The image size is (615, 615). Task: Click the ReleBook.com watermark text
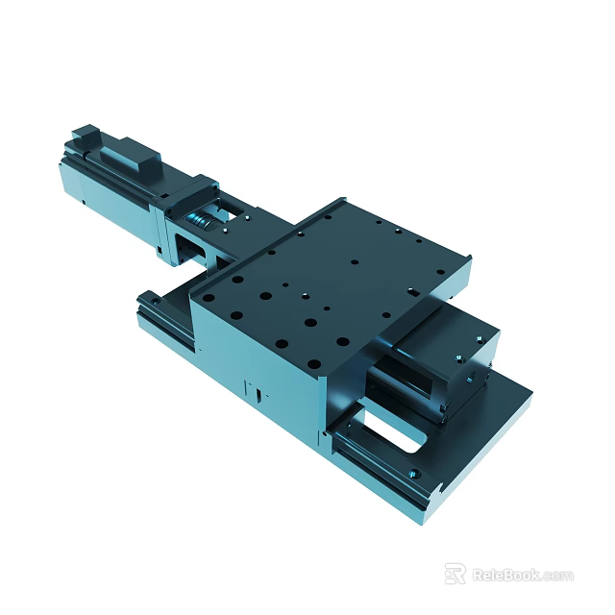[x=523, y=576]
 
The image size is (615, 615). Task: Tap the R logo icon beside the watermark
[x=455, y=574]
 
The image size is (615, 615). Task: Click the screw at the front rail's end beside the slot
[x=413, y=473]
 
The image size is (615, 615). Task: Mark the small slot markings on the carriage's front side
[x=257, y=392]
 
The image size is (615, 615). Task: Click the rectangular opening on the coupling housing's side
[x=188, y=252]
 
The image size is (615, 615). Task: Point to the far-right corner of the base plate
[x=529, y=392]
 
